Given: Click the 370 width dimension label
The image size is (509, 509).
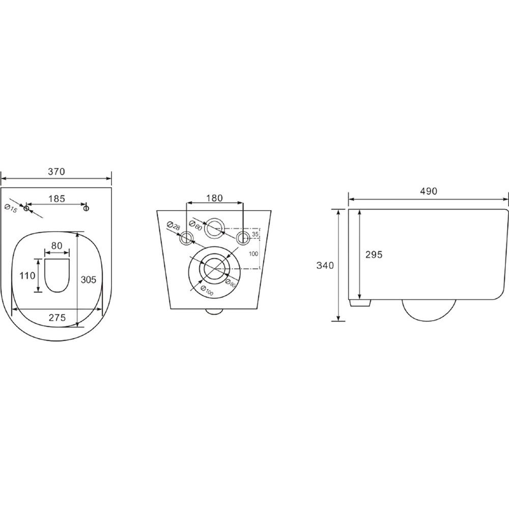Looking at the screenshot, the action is pos(56,172).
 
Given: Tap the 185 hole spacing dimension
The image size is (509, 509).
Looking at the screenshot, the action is pos(57,199).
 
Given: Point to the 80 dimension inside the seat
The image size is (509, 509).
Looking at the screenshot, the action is pos(57,246).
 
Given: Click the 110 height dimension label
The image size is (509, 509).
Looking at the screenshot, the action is pos(27,276).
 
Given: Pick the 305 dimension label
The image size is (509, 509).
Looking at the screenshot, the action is pos(89,279).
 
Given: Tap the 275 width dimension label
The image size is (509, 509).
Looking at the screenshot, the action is pos(57,318).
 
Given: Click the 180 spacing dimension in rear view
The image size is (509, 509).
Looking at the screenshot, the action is pos(215,198).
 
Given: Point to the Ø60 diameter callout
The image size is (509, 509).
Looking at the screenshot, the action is pos(196,225).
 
